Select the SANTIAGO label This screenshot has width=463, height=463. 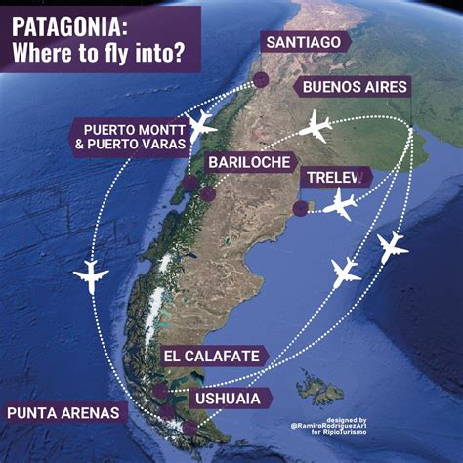point(302,41)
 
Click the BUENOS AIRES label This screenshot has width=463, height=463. point(355,87)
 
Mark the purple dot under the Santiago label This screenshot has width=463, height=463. point(260,79)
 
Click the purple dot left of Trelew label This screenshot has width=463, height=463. point(300,207)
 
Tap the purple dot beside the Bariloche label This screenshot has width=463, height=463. point(208,193)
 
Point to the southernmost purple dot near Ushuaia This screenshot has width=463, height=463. point(189,427)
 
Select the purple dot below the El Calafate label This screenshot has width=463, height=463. point(160,392)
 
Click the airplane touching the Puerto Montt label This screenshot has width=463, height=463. point(201,124)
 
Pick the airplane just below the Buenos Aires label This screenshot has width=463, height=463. point(317,126)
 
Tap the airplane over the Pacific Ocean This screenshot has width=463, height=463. point(91,276)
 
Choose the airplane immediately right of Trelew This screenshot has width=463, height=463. point(341,205)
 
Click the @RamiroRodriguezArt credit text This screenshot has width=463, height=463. point(328,425)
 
